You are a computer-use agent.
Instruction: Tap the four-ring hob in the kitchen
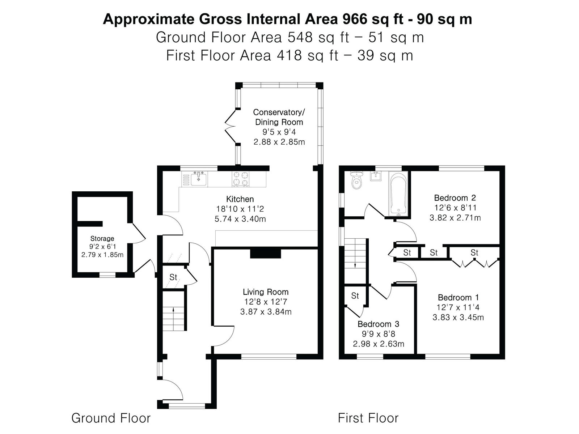point(240,179)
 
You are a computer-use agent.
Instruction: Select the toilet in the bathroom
point(357,180)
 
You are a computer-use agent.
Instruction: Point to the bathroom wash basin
point(376,176)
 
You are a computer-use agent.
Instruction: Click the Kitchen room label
point(240,199)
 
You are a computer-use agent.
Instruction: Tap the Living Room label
point(266,292)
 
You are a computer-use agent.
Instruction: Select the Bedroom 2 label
point(455,197)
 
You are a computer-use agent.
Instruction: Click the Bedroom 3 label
point(378,324)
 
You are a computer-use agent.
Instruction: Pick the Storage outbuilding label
point(102,238)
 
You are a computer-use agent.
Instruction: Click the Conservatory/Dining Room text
point(279,117)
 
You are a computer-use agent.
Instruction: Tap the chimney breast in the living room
point(266,254)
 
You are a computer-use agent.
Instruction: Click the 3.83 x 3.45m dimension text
point(458,317)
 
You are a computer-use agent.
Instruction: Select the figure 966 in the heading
point(355,19)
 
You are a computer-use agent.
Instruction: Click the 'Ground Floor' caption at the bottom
point(111,418)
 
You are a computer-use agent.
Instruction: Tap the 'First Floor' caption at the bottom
point(368,418)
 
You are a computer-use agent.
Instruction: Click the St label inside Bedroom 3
point(355,295)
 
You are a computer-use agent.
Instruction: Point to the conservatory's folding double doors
point(231,126)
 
